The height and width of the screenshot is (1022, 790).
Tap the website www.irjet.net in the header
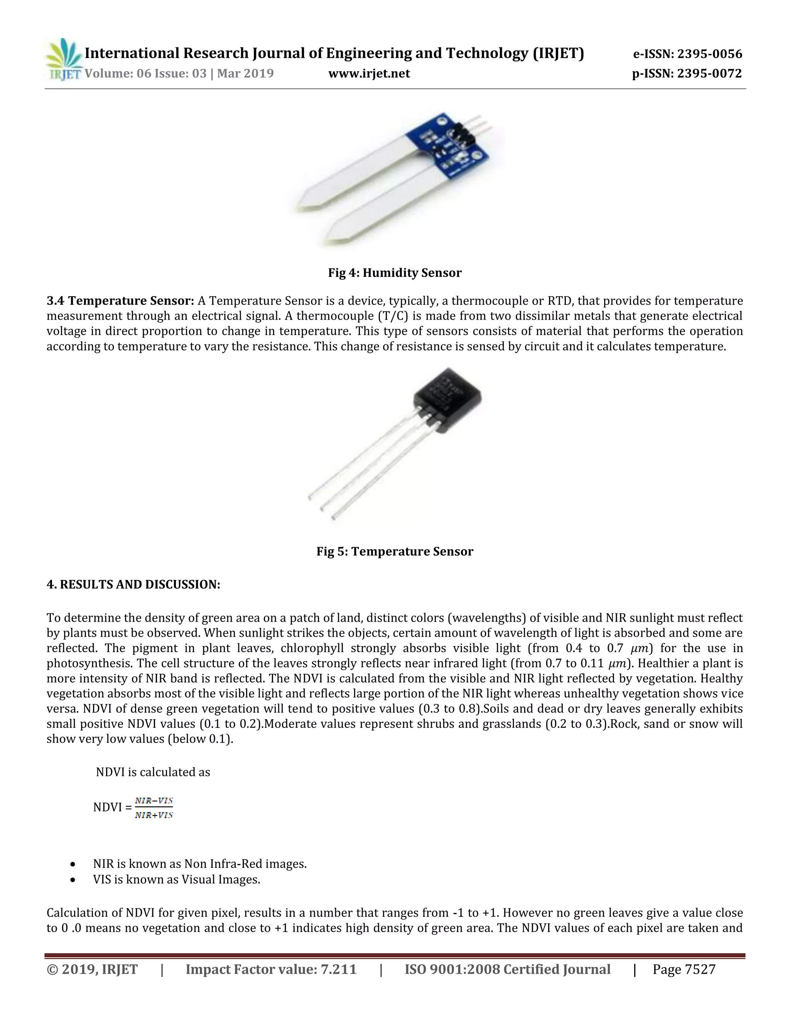tap(369, 73)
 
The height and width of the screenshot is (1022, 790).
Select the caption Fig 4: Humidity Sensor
tap(395, 273)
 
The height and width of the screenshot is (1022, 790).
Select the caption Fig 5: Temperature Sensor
tap(395, 551)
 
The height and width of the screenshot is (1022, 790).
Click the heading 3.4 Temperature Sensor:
tap(120, 300)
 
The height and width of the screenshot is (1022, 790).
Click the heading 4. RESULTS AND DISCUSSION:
tap(133, 584)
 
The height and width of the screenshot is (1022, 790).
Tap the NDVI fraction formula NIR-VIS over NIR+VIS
tap(154, 808)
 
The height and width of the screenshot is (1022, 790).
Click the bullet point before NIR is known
tap(73, 864)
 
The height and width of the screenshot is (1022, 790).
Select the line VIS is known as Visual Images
tap(176, 880)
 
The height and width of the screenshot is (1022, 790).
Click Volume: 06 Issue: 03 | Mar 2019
tap(179, 73)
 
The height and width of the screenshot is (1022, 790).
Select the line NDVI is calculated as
tap(153, 772)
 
